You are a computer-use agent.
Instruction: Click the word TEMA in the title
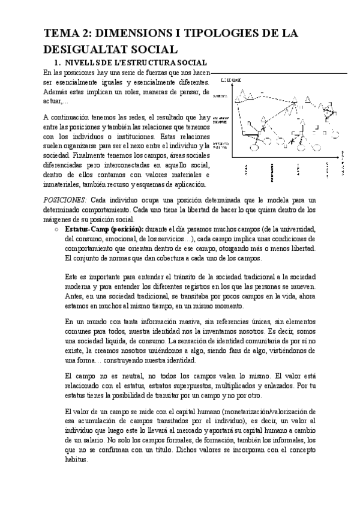[62, 34]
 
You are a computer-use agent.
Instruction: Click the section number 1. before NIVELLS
[57, 62]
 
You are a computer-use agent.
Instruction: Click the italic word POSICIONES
[66, 199]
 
